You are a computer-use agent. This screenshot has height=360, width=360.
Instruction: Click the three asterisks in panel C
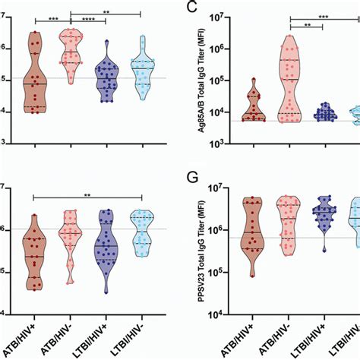click(x=324, y=15)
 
